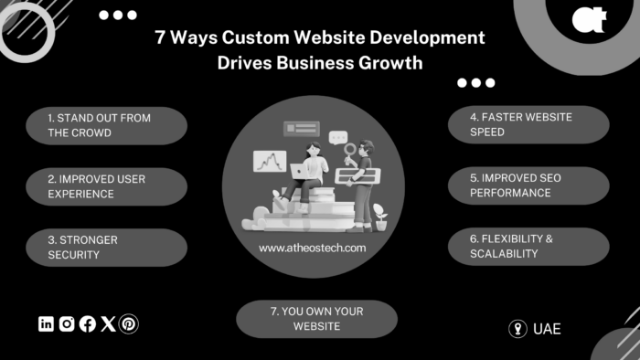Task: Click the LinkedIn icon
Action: click(47, 323)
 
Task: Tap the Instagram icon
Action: click(67, 323)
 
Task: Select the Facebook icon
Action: click(88, 323)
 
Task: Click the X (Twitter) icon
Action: click(108, 323)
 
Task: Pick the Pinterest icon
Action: click(129, 323)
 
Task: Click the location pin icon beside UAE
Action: click(517, 329)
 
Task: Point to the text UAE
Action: click(547, 329)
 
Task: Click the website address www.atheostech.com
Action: click(313, 248)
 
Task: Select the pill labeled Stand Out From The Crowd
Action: click(107, 125)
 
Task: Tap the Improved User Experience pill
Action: click(107, 185)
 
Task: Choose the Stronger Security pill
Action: click(107, 247)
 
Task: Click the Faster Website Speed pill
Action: click(528, 125)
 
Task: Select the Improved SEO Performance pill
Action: click(528, 185)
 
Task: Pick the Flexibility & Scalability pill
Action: click(528, 247)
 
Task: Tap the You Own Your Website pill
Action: click(316, 319)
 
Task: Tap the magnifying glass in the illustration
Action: click(348, 153)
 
